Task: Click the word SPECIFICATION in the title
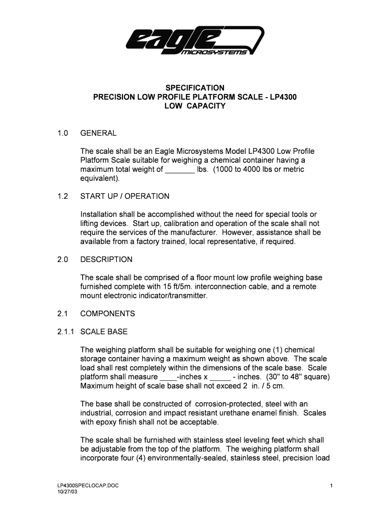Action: [195, 88]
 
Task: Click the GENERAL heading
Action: [99, 133]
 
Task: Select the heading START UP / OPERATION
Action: [125, 196]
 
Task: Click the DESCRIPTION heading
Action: [106, 260]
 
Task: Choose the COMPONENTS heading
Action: [108, 314]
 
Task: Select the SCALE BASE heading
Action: [104, 332]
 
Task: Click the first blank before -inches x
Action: [168, 377]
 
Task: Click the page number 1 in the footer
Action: [330, 486]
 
